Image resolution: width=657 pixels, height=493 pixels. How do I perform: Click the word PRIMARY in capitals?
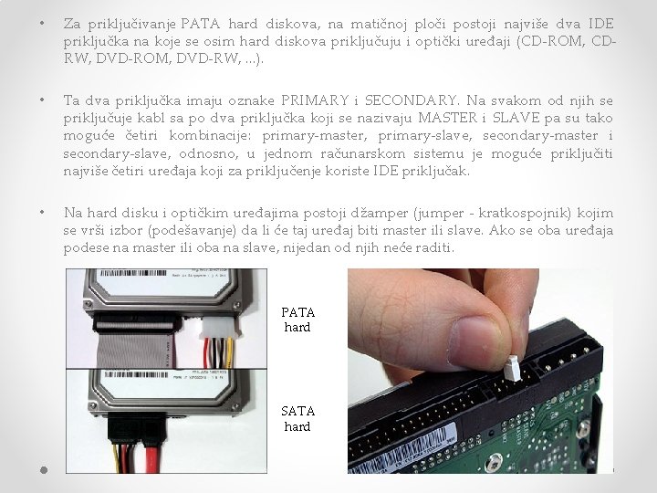tap(315, 100)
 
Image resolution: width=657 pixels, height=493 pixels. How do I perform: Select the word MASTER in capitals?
tap(448, 118)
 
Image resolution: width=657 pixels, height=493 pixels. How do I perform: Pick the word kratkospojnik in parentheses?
tap(525, 214)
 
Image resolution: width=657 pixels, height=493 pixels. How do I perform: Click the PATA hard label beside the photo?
tap(297, 320)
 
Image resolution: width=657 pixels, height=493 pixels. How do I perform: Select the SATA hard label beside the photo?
tap(297, 419)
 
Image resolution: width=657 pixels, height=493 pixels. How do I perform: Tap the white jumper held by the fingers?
tap(512, 368)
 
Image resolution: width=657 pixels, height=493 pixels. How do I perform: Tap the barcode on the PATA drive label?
tap(133, 273)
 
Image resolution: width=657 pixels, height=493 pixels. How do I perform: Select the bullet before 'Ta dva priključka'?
tap(42, 100)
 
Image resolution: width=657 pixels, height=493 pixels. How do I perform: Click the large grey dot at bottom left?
tap(44, 470)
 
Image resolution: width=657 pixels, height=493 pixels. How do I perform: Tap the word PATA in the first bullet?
tap(200, 24)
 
